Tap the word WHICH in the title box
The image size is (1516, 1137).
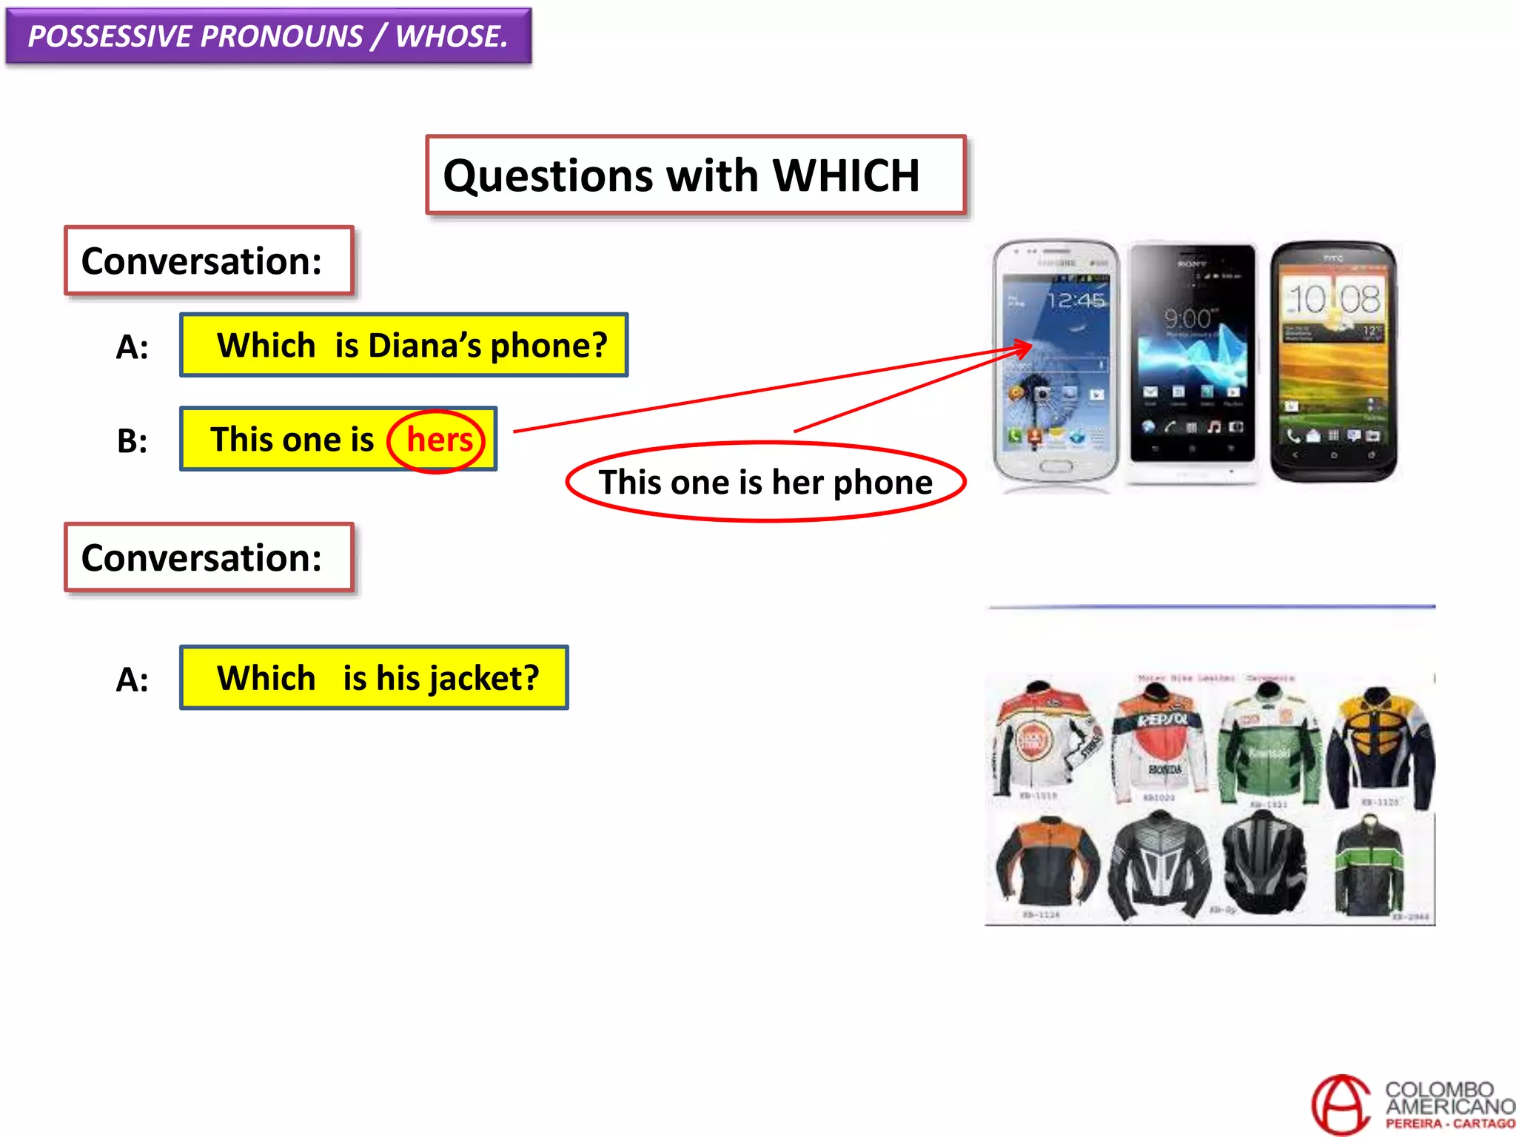tap(845, 175)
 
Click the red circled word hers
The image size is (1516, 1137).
tap(438, 440)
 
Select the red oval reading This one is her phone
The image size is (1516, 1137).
tap(765, 483)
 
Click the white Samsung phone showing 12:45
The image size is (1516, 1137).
tap(1055, 363)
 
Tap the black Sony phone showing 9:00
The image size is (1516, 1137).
tap(1191, 359)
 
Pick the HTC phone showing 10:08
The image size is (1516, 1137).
tap(1333, 361)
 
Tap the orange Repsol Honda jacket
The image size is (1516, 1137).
tap(1160, 744)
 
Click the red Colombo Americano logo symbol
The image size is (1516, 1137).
tap(1341, 1104)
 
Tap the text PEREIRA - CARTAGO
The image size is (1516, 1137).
tap(1449, 1124)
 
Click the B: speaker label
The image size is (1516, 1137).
tap(132, 441)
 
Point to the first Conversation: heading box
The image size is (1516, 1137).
tap(209, 261)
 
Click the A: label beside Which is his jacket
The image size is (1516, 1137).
tap(132, 680)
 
